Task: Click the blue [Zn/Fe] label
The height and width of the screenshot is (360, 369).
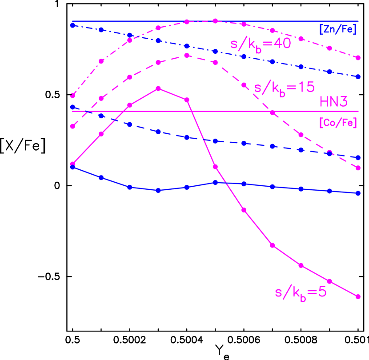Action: tap(338, 31)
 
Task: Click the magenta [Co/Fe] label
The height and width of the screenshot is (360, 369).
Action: tap(338, 123)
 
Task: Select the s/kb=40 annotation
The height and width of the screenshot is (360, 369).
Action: tap(260, 44)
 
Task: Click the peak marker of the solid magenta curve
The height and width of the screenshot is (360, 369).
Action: tap(158, 89)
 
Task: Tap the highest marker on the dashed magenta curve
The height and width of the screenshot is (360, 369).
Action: tap(187, 56)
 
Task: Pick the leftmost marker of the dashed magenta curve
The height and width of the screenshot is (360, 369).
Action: tap(72, 126)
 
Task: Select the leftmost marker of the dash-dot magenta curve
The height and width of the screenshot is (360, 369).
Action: tap(72, 96)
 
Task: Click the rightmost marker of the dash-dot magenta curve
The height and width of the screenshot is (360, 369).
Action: tap(358, 58)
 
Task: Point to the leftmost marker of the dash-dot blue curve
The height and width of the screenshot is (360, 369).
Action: tap(72, 25)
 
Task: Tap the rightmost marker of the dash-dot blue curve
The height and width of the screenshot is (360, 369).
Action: tap(358, 77)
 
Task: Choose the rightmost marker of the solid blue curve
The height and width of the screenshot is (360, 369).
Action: tap(358, 193)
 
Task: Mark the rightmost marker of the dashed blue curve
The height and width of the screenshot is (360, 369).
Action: tap(358, 158)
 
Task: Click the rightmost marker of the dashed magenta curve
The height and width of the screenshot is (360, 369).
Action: tap(358, 168)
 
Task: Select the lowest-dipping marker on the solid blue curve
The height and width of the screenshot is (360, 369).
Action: tap(158, 190)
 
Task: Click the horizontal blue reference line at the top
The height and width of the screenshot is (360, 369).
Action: tap(133, 21)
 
